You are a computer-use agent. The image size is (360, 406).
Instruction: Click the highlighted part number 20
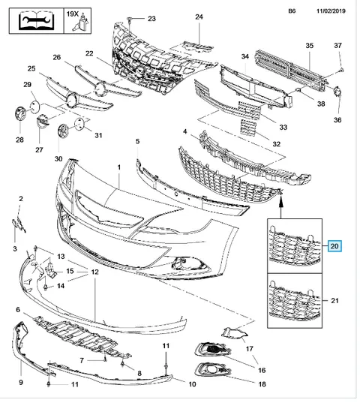334,246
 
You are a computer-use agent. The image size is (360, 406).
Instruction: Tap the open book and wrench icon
36,21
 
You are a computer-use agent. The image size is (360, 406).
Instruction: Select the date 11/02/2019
331,11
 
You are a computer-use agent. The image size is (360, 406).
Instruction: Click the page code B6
292,11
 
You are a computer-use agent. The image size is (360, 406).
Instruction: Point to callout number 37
337,46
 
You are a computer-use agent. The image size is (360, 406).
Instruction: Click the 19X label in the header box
72,14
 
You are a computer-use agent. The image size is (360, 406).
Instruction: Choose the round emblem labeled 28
20,114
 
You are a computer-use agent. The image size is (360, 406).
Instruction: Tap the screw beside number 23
129,20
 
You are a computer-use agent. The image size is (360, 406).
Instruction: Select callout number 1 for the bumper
118,167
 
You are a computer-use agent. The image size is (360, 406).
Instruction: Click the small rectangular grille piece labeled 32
248,127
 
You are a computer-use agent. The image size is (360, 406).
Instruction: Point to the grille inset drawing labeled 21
295,301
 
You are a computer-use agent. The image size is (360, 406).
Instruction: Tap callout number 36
337,120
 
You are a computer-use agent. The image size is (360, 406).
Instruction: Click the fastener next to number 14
46,287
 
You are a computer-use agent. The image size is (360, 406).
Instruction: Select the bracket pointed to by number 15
51,270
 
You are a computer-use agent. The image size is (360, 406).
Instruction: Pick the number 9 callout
21,382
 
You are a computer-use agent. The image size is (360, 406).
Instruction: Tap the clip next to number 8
123,364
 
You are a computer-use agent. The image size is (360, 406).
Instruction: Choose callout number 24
199,17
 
